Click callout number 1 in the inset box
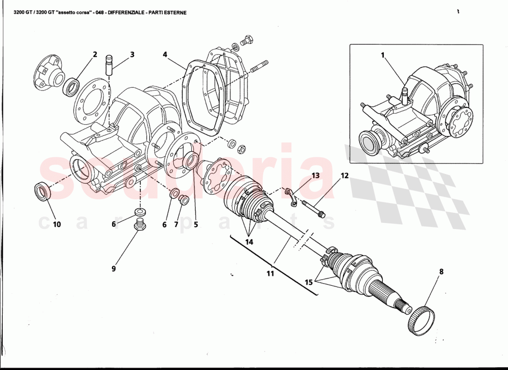tap(382, 55)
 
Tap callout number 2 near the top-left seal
tap(95, 54)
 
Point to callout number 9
tap(113, 268)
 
